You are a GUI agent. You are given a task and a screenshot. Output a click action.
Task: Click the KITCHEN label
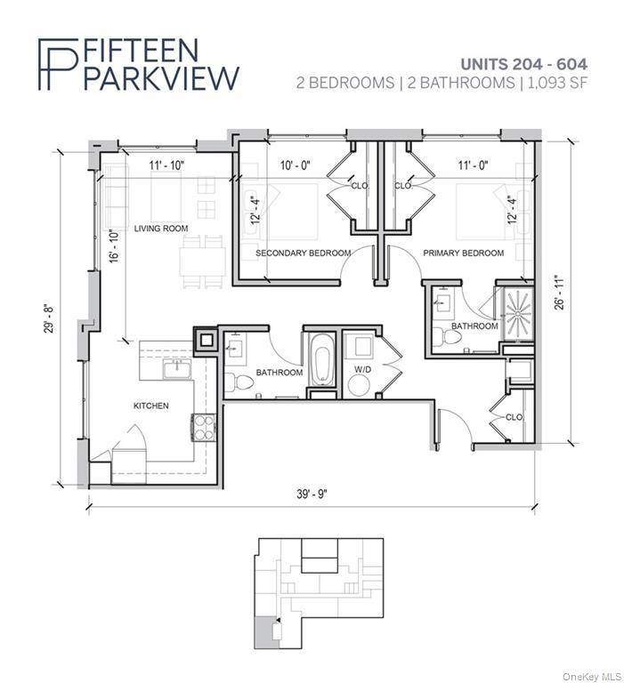[150, 406]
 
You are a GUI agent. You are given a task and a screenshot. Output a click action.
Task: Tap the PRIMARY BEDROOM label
[463, 253]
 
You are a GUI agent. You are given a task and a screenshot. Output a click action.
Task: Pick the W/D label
[361, 368]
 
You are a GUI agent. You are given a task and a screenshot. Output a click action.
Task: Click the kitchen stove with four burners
[203, 427]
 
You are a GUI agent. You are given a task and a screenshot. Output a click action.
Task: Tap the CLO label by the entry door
[514, 416]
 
